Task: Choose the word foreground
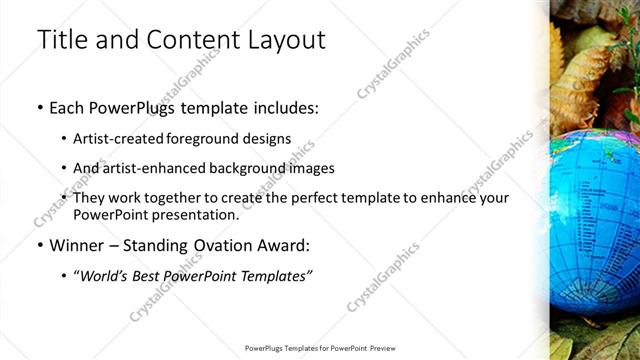tap(210, 139)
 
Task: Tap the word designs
tap(268, 139)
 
